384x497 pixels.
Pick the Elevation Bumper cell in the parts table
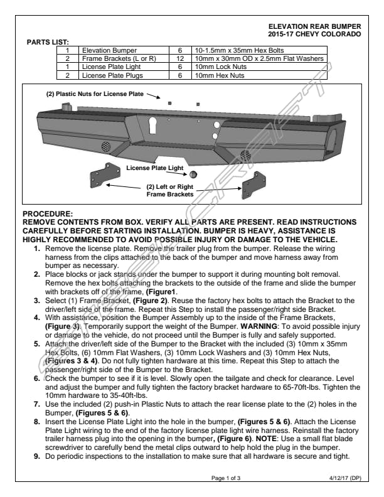click(110, 49)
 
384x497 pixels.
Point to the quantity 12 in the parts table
click(179, 58)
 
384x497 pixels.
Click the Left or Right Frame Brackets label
click(169, 191)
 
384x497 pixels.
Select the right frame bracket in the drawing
click(255, 184)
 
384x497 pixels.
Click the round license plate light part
click(193, 173)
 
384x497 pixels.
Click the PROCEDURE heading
click(48, 215)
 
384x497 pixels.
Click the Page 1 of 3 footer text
click(226, 478)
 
